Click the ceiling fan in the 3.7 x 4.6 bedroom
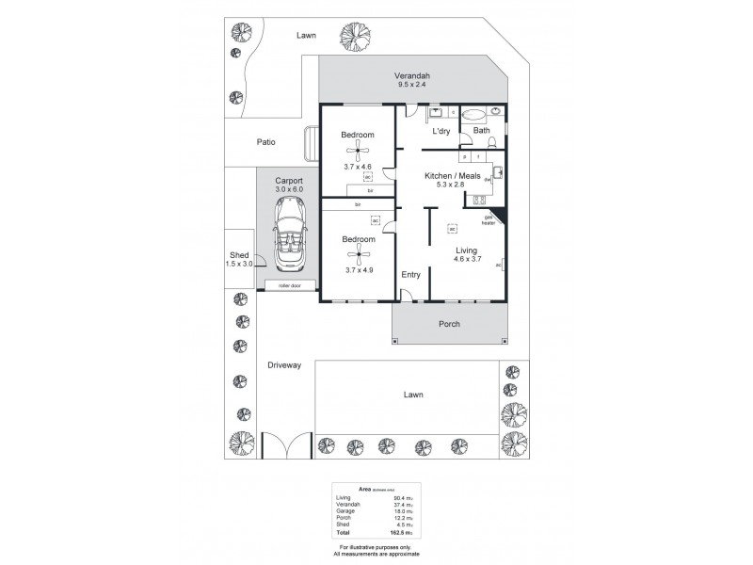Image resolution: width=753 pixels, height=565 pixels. tap(358, 154)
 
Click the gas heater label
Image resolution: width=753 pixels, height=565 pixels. tap(489, 221)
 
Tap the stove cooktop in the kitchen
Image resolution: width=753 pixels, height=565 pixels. tap(478, 199)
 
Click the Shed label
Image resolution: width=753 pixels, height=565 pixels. tap(239, 255)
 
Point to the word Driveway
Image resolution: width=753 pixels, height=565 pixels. tap(283, 365)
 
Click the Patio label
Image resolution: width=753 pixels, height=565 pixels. tap(266, 142)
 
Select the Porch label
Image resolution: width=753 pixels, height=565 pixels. tap(450, 324)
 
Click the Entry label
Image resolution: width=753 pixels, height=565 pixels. tap(410, 274)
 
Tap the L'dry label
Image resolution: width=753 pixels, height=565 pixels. tap(442, 132)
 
